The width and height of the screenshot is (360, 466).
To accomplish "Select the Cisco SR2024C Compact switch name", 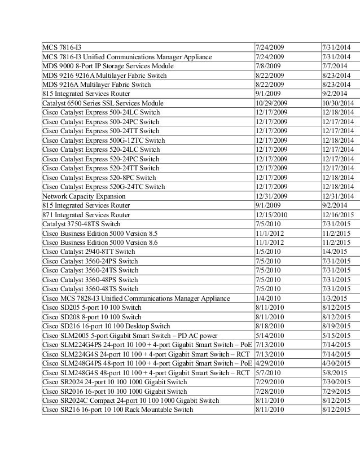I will pos(130,400).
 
